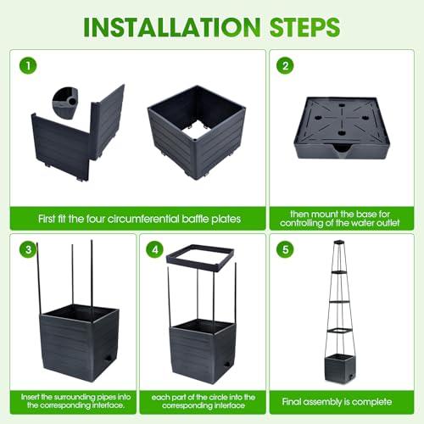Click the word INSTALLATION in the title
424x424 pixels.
tap(172, 27)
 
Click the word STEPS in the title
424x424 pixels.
tap(305, 27)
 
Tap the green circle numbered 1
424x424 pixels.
tap(28, 65)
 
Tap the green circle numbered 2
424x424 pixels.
tap(285, 65)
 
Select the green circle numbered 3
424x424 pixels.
tap(28, 249)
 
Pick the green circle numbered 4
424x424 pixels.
tap(155, 249)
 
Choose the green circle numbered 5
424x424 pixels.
tap(285, 249)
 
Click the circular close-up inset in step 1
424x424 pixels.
tap(65, 102)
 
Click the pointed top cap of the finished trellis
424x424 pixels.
tap(339, 243)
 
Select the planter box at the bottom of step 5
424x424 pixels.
tap(339, 368)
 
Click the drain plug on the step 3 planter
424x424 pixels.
tap(108, 360)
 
